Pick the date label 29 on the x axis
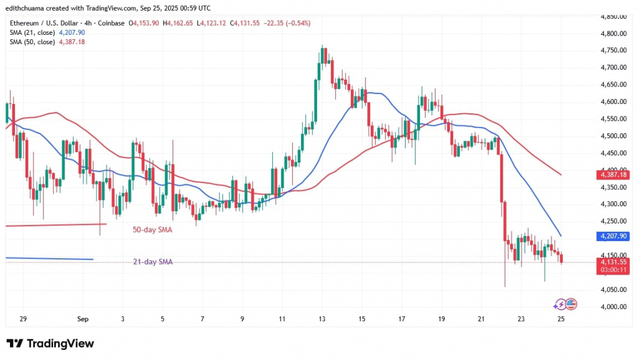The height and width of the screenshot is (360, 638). point(22,319)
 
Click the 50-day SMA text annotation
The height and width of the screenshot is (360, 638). point(153,230)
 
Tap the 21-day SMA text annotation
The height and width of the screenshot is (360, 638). point(153,262)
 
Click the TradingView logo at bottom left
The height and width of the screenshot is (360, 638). point(50,343)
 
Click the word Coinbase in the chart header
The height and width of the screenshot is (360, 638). point(112,23)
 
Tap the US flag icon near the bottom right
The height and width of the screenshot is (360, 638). point(571,305)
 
